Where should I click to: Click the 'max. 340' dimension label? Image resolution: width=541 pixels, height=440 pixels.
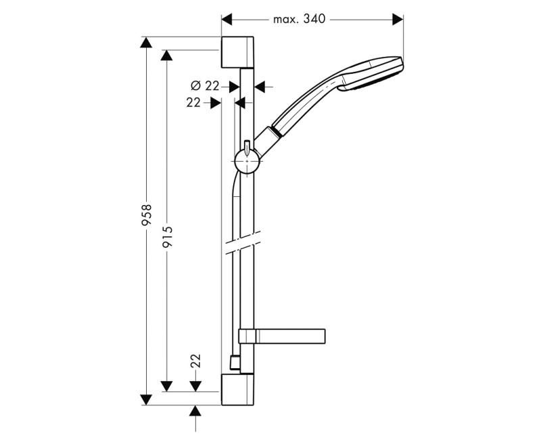300,19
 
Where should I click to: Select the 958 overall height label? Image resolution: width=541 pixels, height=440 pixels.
147,215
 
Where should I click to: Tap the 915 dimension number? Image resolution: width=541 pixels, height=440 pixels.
167,237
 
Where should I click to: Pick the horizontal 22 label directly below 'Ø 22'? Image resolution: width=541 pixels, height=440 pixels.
193,102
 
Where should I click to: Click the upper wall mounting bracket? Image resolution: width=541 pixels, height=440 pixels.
237,51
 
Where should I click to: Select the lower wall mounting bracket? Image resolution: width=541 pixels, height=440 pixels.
237,390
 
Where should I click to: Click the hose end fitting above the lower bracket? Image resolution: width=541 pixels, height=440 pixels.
234,364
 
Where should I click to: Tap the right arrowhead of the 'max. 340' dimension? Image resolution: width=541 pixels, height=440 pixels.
398,19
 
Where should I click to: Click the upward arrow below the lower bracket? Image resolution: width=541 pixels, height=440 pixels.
195,411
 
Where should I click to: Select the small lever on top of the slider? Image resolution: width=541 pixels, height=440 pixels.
248,146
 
